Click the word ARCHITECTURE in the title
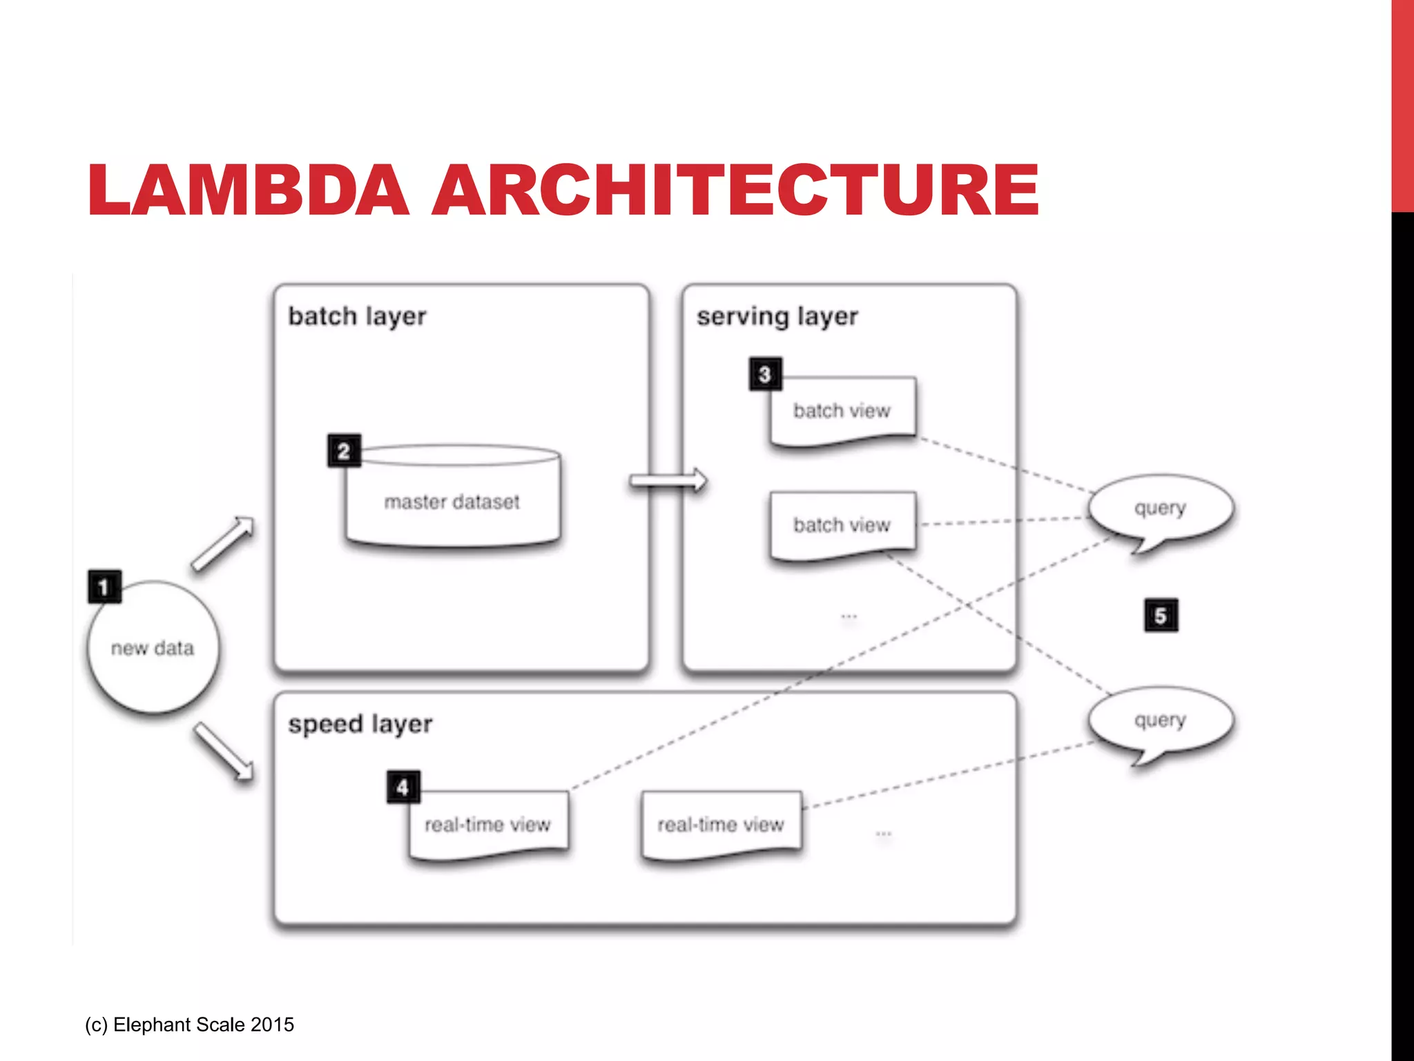point(735,190)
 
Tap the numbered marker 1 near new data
point(104,587)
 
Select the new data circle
point(153,648)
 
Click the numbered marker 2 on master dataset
point(344,451)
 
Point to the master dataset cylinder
point(452,501)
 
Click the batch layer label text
point(357,316)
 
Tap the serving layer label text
point(777,316)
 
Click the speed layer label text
point(360,724)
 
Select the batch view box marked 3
point(842,411)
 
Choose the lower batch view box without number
point(842,525)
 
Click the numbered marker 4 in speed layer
point(403,787)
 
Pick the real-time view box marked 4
point(488,824)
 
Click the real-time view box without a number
point(721,824)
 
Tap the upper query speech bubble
point(1161,509)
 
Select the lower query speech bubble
point(1161,720)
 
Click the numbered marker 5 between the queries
point(1161,615)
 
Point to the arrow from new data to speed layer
point(223,752)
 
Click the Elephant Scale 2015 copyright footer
point(190,1024)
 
